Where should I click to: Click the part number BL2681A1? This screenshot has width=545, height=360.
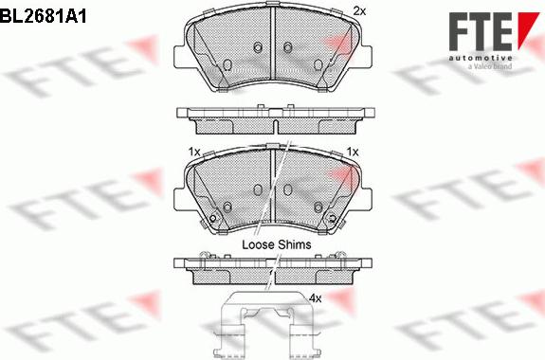pyautogui.click(x=43, y=16)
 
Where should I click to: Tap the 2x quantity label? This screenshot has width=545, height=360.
pyautogui.click(x=359, y=11)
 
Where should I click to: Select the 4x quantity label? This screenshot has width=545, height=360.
pyautogui.click(x=316, y=298)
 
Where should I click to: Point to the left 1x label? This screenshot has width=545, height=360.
pyautogui.click(x=194, y=152)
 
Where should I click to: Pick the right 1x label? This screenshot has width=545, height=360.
pyautogui.click(x=353, y=152)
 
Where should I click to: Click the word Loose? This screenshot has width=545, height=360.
pyautogui.click(x=258, y=244)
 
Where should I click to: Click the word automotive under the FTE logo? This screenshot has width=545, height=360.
pyautogui.click(x=480, y=58)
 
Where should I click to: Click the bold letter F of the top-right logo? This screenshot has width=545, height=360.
pyautogui.click(x=459, y=31)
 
